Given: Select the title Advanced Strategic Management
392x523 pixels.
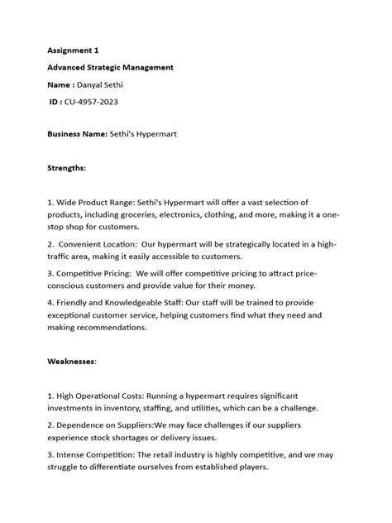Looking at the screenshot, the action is (x=109, y=67).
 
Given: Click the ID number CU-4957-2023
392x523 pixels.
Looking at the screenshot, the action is (x=99, y=103).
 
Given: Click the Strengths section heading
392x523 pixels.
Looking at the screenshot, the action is (x=66, y=167).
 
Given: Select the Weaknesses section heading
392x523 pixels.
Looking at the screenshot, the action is (x=72, y=361).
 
